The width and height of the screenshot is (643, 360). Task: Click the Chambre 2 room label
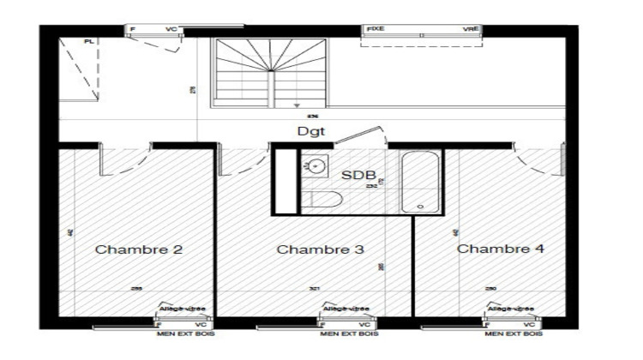(x=138, y=250)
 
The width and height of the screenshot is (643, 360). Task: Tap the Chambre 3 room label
(x=321, y=250)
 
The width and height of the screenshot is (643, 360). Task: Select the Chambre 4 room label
(x=500, y=249)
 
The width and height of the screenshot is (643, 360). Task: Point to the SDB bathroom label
(x=359, y=175)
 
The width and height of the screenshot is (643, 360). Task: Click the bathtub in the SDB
(x=421, y=182)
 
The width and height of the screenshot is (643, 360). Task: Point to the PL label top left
(x=88, y=41)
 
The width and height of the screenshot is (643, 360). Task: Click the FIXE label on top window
(x=376, y=29)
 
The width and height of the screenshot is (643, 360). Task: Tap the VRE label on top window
(x=471, y=29)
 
